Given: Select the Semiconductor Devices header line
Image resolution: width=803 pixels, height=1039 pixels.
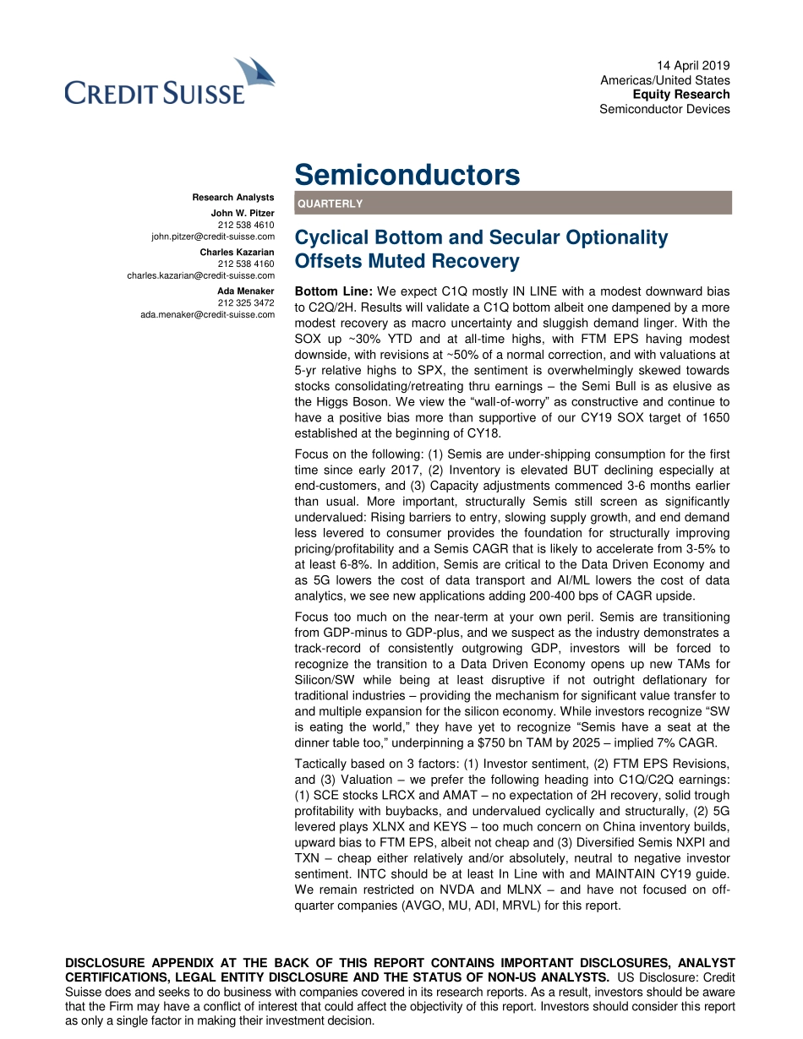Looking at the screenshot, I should (664, 109).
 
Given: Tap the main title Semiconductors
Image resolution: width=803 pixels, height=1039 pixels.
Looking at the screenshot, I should (407, 175).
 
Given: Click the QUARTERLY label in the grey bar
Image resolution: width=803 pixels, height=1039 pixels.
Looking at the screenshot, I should (330, 204).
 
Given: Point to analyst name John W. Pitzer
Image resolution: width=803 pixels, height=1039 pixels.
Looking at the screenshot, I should (243, 214).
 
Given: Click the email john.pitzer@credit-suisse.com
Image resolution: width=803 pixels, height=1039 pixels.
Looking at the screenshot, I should (213, 237).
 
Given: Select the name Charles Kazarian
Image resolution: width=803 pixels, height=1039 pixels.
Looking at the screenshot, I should (237, 253).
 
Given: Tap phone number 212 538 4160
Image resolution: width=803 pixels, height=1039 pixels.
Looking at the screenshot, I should (246, 264).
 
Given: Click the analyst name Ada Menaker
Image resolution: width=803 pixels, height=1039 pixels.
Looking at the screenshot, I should (246, 291).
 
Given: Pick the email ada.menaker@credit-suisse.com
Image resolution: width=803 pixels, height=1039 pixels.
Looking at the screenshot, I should (207, 314).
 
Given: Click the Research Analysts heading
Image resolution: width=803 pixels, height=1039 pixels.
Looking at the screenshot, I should (233, 198).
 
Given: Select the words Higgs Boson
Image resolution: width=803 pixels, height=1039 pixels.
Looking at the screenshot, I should (347, 402).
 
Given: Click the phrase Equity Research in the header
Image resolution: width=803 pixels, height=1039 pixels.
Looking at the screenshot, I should (681, 95).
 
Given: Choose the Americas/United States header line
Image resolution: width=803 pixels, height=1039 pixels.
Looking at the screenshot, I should (664, 80).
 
